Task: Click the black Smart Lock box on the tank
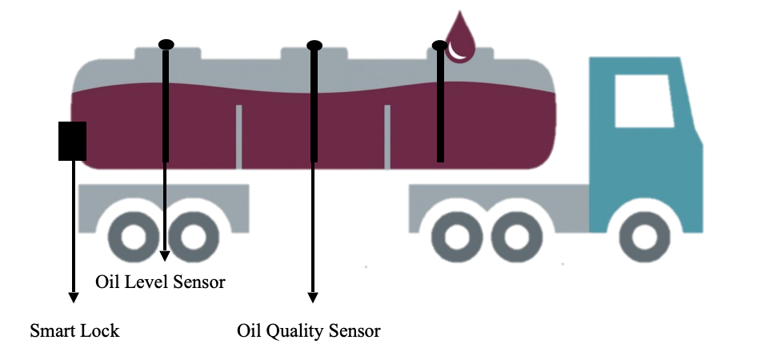coord(72,141)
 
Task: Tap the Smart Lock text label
coord(74,330)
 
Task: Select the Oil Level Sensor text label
coord(160,282)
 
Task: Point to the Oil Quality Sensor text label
coord(309,330)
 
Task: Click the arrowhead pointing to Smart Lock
coord(73,297)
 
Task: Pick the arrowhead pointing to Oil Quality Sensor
coord(313,297)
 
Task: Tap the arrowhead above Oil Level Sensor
coord(165,256)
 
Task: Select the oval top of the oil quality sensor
coord(314,45)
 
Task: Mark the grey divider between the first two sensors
coord(238,136)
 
